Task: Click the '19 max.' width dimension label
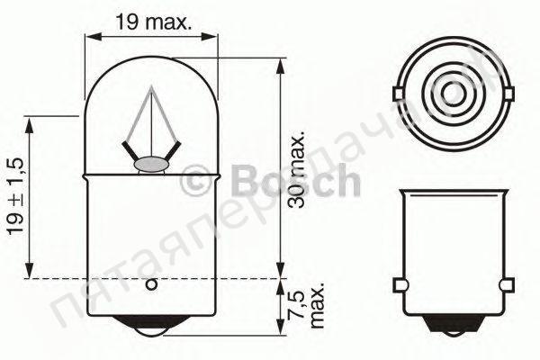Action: tap(152, 22)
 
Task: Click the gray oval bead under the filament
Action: tap(151, 165)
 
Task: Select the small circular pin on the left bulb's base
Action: tap(151, 286)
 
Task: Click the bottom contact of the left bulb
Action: tap(151, 332)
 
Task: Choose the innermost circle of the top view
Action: tap(454, 94)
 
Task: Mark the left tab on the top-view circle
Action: tap(400, 94)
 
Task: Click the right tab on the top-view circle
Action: tap(508, 94)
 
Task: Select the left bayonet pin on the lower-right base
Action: tap(400, 286)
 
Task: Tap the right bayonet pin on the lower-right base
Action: tap(508, 286)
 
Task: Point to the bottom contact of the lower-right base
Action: tap(454, 331)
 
